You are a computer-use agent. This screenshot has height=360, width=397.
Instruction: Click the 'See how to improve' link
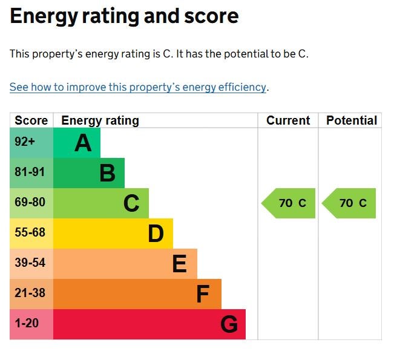click(138, 87)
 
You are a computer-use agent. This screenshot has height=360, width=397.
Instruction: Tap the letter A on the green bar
click(83, 143)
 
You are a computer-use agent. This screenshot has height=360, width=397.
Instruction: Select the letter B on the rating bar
click(107, 173)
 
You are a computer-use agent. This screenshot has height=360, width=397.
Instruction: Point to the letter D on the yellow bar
click(156, 234)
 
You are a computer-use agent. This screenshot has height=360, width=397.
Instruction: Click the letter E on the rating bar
click(180, 264)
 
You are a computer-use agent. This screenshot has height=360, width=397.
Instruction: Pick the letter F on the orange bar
click(203, 293)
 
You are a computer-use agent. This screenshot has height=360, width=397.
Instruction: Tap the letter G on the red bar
click(229, 324)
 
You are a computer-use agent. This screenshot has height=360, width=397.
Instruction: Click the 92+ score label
click(25, 141)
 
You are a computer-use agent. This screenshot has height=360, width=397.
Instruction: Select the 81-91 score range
click(30, 172)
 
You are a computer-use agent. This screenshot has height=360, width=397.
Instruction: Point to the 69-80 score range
click(30, 201)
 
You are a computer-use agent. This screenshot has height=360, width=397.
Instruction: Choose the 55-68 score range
click(30, 232)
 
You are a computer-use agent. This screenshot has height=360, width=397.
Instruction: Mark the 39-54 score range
click(30, 262)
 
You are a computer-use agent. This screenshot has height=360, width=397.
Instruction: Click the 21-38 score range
click(30, 293)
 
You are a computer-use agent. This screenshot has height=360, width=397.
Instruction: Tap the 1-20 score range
click(27, 322)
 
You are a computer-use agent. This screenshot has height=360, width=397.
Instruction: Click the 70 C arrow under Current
click(289, 203)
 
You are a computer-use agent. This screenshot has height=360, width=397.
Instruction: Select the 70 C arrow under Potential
click(349, 203)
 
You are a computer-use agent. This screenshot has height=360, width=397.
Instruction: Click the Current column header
click(288, 120)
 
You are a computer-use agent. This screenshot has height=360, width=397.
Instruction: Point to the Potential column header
click(352, 120)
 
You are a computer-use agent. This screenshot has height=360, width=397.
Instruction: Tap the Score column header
click(31, 120)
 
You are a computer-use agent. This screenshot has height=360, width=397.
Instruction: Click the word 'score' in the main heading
click(211, 16)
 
